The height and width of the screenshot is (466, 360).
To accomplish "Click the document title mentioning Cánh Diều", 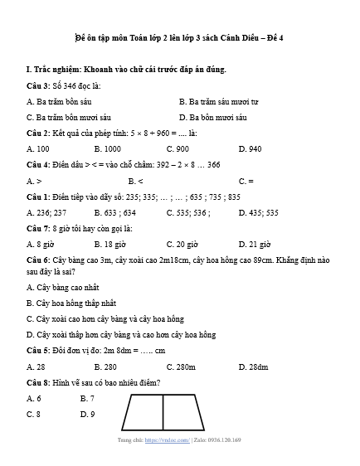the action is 179,38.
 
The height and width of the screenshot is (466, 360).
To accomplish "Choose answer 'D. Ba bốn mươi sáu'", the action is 213,117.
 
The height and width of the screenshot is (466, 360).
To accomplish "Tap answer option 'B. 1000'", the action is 107,148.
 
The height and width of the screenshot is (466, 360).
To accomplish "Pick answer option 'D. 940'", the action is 250,148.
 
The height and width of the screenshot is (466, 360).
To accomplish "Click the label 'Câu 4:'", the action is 39,164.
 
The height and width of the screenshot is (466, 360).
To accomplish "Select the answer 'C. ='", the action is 246,180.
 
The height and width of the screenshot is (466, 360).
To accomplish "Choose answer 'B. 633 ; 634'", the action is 115,211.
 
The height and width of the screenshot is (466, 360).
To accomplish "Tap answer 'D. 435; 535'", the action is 258,211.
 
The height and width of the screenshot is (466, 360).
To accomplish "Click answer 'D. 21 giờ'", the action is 254,244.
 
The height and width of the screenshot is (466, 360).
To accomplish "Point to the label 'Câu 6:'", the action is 39,260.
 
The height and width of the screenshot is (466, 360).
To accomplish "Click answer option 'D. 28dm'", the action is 253,366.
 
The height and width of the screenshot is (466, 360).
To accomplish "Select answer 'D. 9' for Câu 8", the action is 87,414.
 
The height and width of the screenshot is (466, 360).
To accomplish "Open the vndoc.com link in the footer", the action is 166,440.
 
